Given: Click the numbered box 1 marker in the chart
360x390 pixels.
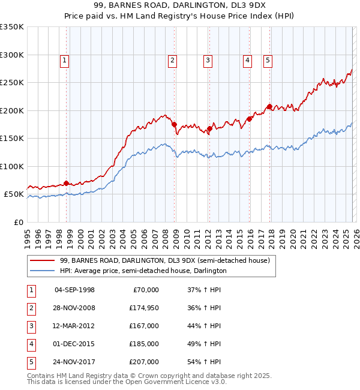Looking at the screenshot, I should tap(64, 59).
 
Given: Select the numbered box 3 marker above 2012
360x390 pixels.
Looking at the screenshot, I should tap(208, 59).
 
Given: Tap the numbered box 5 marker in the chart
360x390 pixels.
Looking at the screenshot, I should tap(267, 59).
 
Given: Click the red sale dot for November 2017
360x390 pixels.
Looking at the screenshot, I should tap(269, 107).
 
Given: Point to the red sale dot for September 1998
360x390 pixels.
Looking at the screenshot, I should tap(66, 183).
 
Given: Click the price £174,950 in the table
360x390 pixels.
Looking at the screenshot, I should tap(143, 308).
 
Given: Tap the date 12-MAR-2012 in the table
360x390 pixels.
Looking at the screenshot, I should tap(74, 326).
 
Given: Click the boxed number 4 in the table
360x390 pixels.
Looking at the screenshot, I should tap(31, 344).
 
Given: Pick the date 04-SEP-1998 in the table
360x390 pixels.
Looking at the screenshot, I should tap(74, 290).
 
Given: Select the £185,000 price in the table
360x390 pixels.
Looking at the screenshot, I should tap(143, 344).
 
